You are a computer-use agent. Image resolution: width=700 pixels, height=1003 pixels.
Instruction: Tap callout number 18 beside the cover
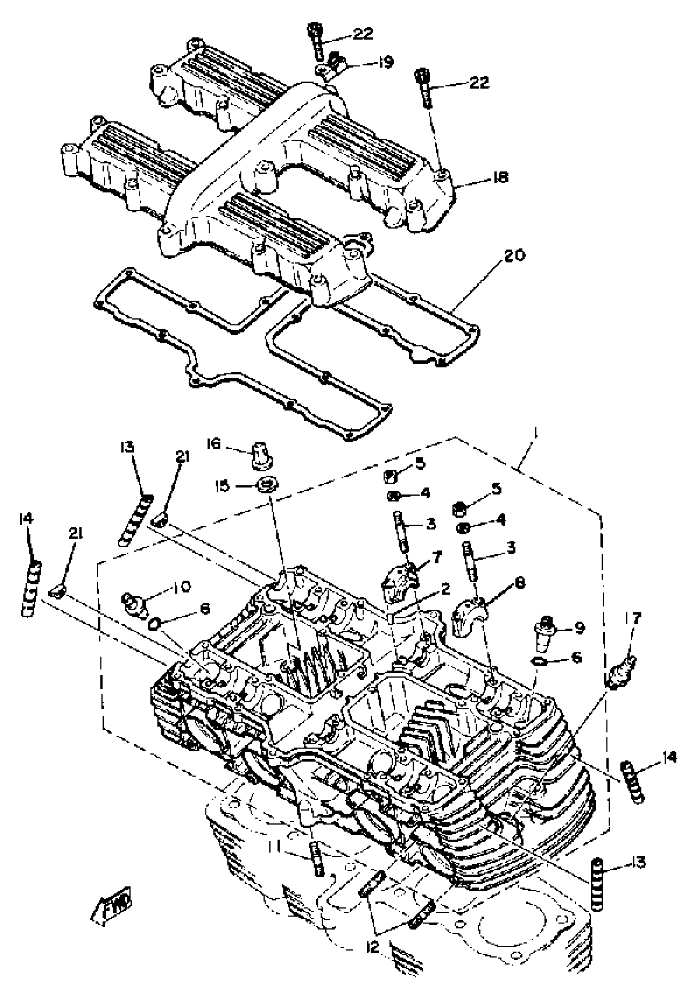click(x=500, y=177)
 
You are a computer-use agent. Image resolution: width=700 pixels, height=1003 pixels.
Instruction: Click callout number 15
click(x=224, y=486)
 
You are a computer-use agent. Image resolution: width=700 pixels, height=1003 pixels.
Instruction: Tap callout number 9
click(x=579, y=628)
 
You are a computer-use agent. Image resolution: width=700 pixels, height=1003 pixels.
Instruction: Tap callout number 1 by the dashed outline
click(x=537, y=434)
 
